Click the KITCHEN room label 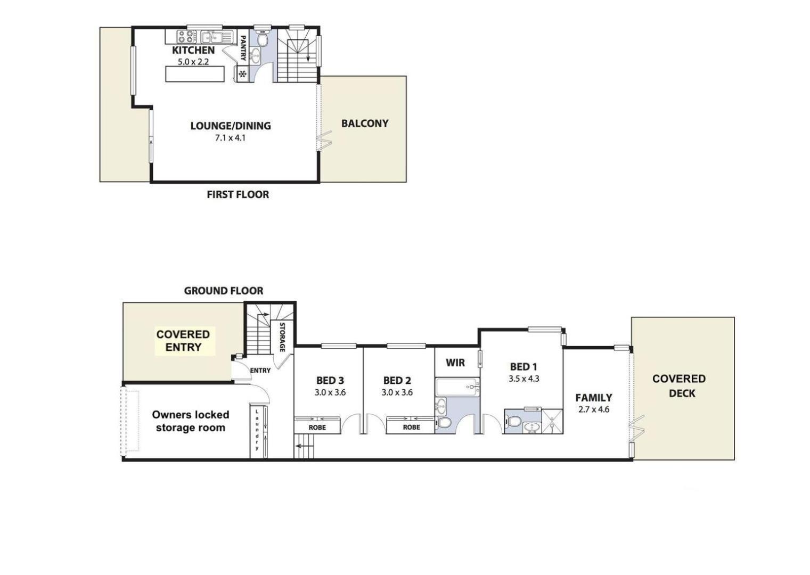coord(193,50)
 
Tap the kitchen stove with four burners coord(186,37)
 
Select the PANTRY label coord(243,48)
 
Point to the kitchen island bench coord(195,74)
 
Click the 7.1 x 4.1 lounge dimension coord(231,138)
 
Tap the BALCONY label coord(365,124)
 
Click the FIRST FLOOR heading coord(238,195)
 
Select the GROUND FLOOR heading coord(224,291)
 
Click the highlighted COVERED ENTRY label coord(183,341)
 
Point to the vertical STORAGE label coord(282,337)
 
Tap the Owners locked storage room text coord(191,421)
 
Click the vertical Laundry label coord(257,430)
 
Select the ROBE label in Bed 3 coord(317,428)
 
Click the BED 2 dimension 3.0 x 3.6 coord(397,392)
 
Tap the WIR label coord(455,363)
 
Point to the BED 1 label coord(523,367)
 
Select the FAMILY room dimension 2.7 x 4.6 coord(594,409)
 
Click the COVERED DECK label coord(679,386)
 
